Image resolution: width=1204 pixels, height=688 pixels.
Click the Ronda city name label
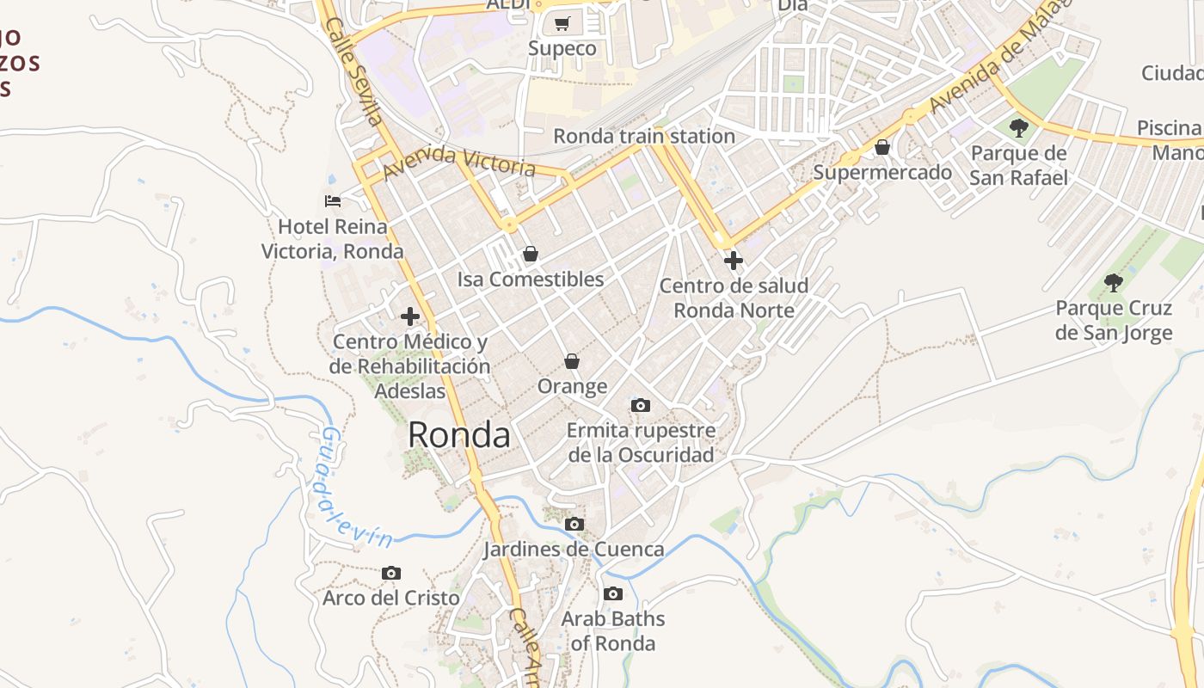click(x=458, y=435)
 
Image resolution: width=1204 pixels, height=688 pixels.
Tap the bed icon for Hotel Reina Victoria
click(x=333, y=201)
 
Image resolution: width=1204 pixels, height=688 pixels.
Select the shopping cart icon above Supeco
click(x=562, y=23)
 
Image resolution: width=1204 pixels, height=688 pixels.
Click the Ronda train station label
click(x=643, y=136)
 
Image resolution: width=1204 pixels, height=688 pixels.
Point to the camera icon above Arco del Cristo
click(x=391, y=573)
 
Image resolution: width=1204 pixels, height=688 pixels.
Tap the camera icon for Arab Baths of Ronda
click(x=613, y=593)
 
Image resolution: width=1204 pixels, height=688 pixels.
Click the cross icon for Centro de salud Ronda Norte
click(x=734, y=260)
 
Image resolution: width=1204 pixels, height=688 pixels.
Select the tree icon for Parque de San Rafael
click(x=1019, y=129)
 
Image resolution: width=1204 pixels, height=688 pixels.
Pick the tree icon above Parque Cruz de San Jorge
click(x=1114, y=282)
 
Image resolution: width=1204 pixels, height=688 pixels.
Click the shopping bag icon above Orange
click(x=572, y=361)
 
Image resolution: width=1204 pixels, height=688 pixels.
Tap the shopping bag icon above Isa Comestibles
click(x=531, y=254)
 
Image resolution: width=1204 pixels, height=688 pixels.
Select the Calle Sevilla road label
click(x=353, y=72)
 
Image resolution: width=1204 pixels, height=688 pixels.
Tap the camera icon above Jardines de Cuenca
click(x=574, y=524)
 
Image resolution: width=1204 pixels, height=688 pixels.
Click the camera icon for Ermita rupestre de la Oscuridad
click(x=640, y=405)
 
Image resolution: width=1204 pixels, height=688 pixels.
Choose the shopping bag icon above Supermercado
click(x=882, y=147)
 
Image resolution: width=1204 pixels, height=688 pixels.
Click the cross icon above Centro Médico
click(x=410, y=316)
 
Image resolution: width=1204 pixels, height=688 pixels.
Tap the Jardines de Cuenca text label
click(x=574, y=549)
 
